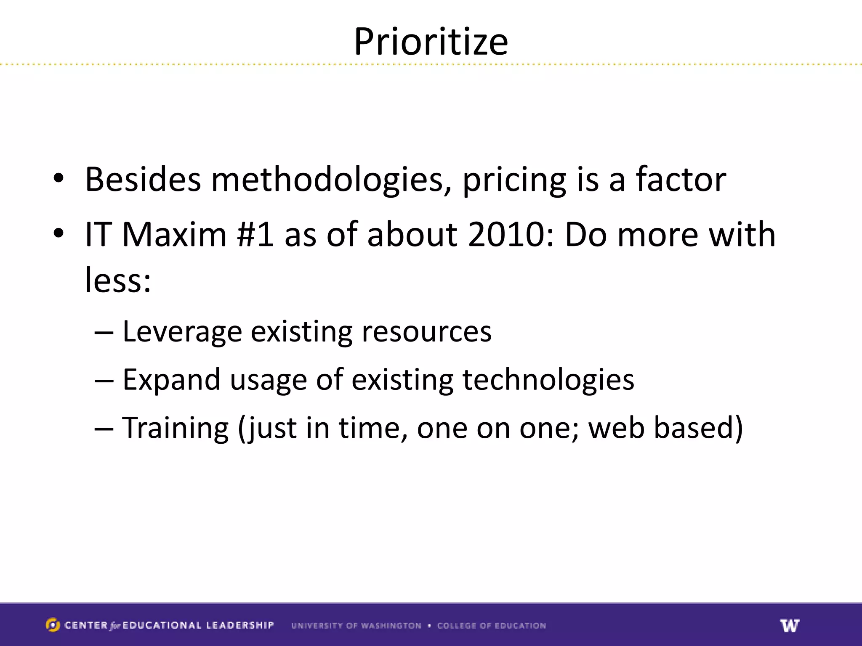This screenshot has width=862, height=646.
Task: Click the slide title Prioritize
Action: (431, 42)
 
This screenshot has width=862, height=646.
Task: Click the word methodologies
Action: (331, 180)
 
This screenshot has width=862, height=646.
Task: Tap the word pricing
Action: (514, 180)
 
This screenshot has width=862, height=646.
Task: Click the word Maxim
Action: (174, 234)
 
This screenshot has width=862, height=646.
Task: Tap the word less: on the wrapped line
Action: (118, 280)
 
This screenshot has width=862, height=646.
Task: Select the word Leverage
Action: (182, 332)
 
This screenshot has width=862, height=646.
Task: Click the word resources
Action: (426, 332)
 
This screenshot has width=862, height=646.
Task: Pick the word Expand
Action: (171, 380)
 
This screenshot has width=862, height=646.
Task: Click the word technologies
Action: (548, 380)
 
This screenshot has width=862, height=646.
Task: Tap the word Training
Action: (175, 428)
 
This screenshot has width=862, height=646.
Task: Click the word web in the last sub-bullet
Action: (616, 428)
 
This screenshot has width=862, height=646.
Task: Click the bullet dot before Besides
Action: (59, 178)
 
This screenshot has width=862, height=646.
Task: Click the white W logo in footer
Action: (790, 625)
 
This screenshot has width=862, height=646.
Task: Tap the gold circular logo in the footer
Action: (53, 625)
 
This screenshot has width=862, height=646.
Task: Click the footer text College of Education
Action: (491, 625)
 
